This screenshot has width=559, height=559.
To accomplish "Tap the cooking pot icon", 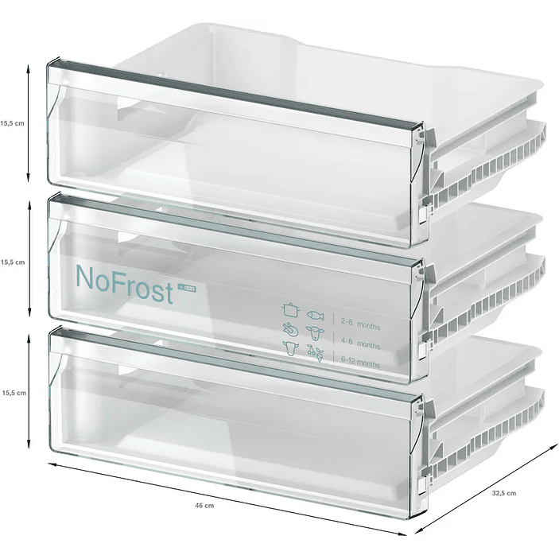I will coord(289,309).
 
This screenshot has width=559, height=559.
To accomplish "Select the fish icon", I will coord(316,311).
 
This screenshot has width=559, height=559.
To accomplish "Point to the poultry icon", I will coord(289,328).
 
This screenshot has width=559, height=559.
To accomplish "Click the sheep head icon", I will coord(316,329).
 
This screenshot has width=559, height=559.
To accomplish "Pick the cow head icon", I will coord(289,347).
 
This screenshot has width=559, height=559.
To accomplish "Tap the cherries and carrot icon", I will coord(316,351).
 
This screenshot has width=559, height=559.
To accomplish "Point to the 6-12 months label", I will coord(359,363).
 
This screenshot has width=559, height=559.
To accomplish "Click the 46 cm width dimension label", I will coord(204,505).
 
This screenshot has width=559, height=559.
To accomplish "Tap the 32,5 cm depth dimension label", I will coord(503,493).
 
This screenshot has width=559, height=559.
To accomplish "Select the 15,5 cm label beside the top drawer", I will coord(13,122).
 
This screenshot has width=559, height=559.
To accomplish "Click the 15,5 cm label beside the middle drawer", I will coord(13,261).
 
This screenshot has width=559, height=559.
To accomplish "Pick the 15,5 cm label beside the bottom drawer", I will coord(13,392).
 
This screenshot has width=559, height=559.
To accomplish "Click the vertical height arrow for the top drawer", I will coord(29,122).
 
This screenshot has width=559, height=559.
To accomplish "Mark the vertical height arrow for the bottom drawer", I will coord(29,392).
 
